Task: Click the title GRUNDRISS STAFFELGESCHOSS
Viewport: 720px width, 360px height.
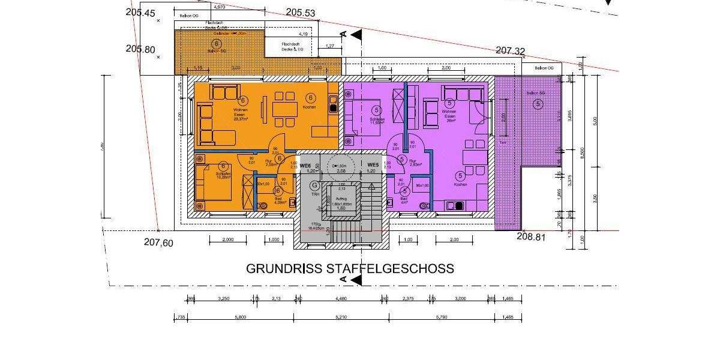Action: (350, 268)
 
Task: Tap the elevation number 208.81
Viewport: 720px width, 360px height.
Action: (531, 237)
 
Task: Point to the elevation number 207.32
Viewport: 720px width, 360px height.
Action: (511, 51)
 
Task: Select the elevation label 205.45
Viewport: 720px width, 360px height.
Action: (141, 13)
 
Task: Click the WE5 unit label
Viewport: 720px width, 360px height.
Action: (373, 165)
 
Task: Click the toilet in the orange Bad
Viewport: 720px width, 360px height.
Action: (263, 205)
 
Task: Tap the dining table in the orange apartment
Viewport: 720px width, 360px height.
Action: (285, 110)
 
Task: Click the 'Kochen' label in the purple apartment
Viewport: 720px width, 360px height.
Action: (460, 185)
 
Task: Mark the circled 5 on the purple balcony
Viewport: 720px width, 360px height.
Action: (538, 104)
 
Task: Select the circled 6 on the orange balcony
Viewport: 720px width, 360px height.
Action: (217, 44)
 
